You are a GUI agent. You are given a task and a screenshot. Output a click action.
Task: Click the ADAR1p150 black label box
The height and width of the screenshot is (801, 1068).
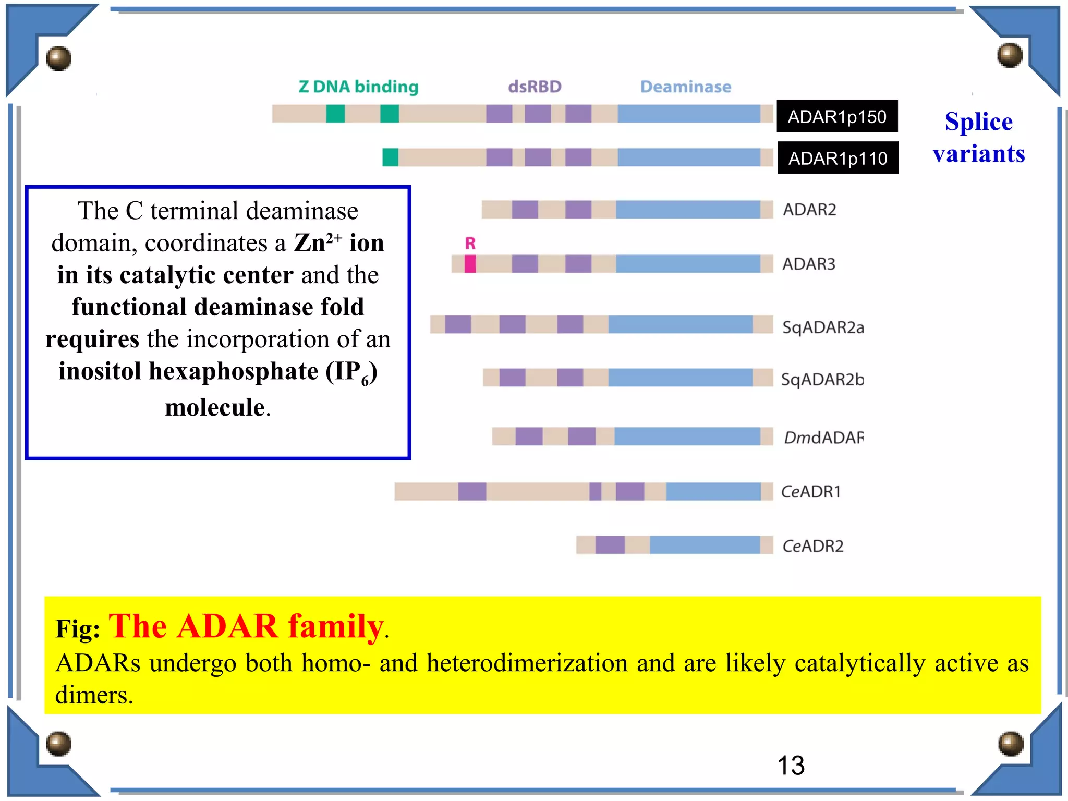(836, 116)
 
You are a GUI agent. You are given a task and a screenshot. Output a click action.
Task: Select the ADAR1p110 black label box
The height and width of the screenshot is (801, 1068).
(838, 157)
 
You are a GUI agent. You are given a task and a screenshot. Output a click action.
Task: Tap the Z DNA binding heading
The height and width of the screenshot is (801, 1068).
(358, 87)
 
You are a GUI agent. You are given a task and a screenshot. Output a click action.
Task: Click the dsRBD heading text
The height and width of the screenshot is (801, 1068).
(535, 87)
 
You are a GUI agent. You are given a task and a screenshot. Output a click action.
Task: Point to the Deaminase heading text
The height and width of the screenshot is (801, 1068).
(685, 87)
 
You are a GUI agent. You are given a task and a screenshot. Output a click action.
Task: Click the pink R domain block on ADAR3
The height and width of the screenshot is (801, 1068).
(470, 264)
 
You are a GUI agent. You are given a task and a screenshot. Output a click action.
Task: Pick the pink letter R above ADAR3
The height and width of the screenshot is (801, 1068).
(470, 243)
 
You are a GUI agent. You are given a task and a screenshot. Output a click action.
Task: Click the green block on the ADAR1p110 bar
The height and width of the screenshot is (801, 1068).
(390, 157)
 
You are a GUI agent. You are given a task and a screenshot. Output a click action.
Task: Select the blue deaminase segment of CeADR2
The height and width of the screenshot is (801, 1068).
(705, 545)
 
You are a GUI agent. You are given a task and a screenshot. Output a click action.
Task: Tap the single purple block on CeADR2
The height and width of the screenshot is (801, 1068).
(610, 545)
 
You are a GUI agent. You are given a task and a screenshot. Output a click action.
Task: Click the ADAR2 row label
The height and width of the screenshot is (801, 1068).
(809, 210)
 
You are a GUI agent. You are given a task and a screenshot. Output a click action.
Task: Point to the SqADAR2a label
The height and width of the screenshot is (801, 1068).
(822, 327)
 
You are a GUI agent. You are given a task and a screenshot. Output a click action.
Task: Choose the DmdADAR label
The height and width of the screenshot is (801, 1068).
(823, 438)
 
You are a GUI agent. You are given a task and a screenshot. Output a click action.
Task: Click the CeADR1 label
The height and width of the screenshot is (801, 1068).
(810, 492)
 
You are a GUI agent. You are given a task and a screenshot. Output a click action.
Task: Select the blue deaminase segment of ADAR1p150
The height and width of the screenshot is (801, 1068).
(688, 114)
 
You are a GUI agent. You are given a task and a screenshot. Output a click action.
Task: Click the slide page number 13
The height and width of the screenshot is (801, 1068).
(791, 766)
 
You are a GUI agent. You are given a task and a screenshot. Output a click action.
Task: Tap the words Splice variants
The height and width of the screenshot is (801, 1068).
(979, 138)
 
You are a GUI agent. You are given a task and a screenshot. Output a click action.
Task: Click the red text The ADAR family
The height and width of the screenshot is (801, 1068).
(246, 626)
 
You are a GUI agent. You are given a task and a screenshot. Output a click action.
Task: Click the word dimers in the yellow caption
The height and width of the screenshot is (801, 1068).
(94, 695)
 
